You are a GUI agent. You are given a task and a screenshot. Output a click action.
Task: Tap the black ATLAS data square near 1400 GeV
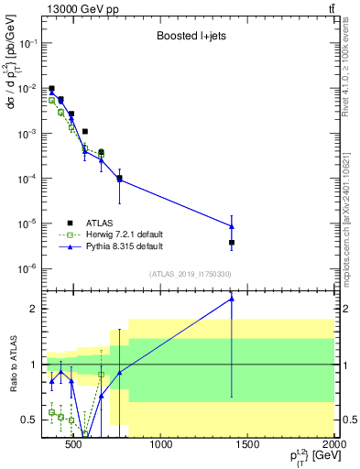232,243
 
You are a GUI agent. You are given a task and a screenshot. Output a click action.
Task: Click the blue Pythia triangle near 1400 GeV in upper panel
232,226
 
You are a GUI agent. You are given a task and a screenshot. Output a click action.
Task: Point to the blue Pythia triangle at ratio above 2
232,299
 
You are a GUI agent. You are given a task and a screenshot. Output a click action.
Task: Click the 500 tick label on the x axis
76,446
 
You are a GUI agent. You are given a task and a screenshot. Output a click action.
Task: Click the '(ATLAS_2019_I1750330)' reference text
189,274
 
